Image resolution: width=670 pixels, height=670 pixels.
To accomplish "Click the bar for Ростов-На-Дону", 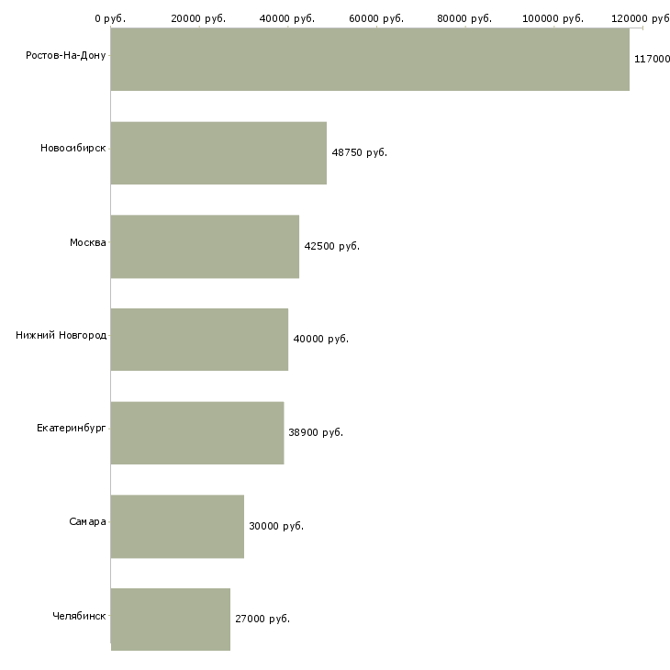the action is tap(370, 60).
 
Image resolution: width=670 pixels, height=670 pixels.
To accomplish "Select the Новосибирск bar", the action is tap(218, 153).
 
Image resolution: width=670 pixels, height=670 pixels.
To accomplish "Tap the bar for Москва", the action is tap(205, 247).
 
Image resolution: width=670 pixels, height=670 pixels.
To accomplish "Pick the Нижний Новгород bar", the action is tap(199, 340).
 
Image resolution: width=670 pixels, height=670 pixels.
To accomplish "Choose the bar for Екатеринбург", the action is tap(197, 433).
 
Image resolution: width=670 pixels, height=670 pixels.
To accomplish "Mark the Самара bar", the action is tap(177, 527).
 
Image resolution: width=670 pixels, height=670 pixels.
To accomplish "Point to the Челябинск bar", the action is tap(171, 620).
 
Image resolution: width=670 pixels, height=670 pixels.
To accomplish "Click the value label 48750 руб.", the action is tap(360, 153).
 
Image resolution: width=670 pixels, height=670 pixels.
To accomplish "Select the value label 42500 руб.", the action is tap(332, 247).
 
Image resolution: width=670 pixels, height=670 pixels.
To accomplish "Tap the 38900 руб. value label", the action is tap(316, 433).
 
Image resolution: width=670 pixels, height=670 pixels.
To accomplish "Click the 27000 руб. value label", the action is tap(262, 620).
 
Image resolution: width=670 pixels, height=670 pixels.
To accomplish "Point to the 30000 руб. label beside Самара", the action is tap(276, 527).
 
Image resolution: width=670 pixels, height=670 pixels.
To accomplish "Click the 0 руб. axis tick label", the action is tap(110, 18).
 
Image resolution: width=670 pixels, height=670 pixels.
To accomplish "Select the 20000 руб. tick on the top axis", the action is tap(198, 18).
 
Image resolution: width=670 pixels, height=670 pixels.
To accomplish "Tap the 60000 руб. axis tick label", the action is tap(376, 18).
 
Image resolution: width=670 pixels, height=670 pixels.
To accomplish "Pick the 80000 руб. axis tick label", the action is tap(464, 18).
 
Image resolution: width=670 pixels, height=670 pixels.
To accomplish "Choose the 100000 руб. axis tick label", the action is tap(553, 18).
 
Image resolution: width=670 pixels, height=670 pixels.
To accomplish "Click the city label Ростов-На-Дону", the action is tap(66, 56).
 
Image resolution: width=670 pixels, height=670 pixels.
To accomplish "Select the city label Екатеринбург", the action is tap(71, 428).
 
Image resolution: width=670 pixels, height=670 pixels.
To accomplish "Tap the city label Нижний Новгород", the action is tap(61, 335).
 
